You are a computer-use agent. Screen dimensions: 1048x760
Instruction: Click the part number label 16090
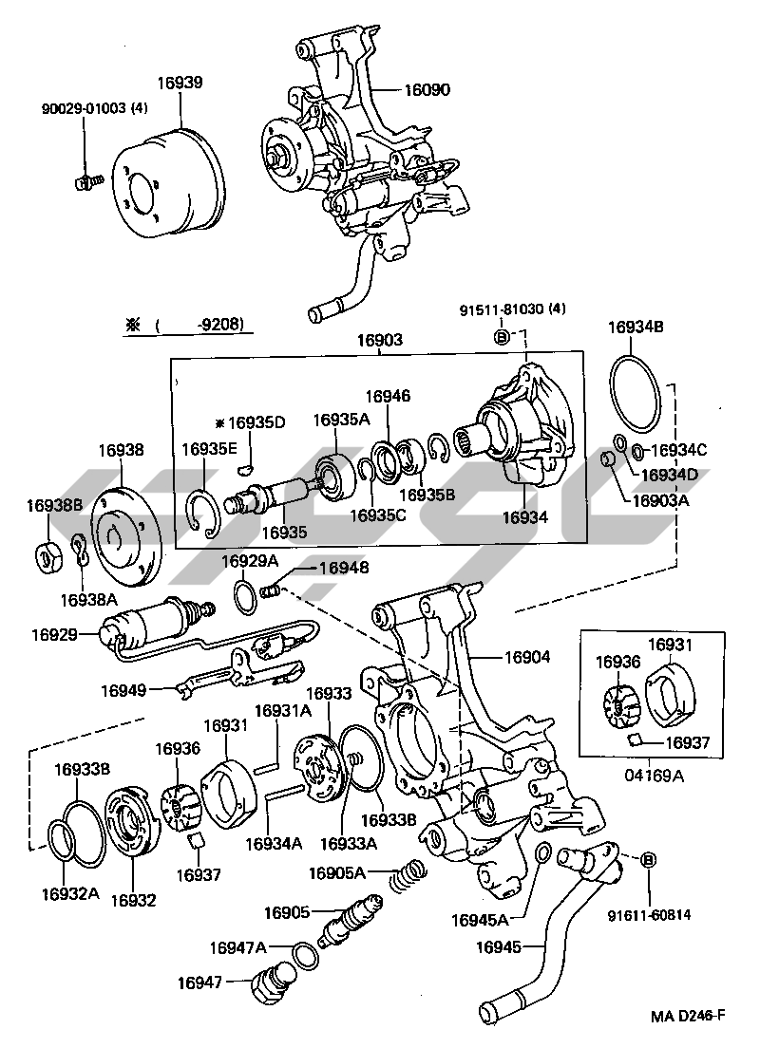pyautogui.click(x=427, y=91)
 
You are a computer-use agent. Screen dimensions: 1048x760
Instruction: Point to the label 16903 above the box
pyautogui.click(x=380, y=339)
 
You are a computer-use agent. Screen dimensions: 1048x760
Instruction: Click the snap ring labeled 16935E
pyautogui.click(x=204, y=514)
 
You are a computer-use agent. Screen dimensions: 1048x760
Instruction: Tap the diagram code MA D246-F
pyautogui.click(x=688, y=1017)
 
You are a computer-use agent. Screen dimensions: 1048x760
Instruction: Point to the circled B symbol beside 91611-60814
pyautogui.click(x=650, y=860)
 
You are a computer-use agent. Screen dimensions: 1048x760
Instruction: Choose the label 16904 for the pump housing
pyautogui.click(x=527, y=656)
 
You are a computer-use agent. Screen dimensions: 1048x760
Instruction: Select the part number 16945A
pyautogui.click(x=481, y=919)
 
